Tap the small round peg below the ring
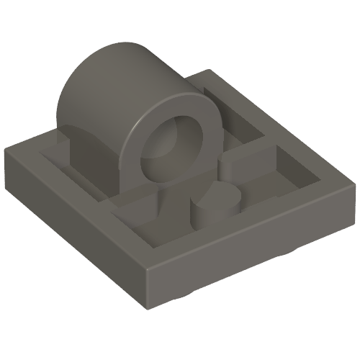pyautogui.click(x=215, y=208)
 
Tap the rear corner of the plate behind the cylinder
pyautogui.click(x=213, y=71)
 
